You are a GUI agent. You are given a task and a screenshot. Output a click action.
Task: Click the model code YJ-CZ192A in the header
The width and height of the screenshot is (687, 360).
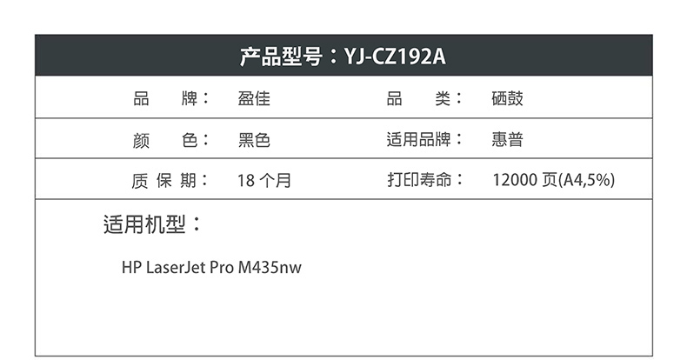pos(396,57)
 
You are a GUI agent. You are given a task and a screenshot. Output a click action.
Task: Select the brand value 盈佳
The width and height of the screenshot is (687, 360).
pos(253,98)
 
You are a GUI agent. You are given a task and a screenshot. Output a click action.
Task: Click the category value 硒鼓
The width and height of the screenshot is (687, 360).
pos(507,98)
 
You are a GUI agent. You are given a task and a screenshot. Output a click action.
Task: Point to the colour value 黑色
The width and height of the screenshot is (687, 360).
pos(254,139)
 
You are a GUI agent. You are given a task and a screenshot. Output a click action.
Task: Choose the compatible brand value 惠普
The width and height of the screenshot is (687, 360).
pos(507,139)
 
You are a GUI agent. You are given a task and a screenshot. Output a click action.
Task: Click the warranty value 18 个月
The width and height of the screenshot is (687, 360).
pos(263,181)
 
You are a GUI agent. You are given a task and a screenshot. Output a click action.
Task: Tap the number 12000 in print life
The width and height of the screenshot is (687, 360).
pos(514,181)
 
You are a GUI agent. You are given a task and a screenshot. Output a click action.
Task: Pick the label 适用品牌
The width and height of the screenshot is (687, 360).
pos(419,139)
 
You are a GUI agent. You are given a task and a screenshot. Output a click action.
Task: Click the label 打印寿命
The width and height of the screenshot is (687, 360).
pos(419,181)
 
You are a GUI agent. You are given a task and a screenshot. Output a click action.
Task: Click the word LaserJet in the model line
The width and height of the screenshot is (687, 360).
pos(176,268)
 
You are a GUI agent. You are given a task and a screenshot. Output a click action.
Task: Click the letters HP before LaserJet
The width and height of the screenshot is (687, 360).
pos(131,268)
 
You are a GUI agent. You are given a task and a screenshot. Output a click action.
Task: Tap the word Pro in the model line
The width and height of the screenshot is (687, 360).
pos(222,268)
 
